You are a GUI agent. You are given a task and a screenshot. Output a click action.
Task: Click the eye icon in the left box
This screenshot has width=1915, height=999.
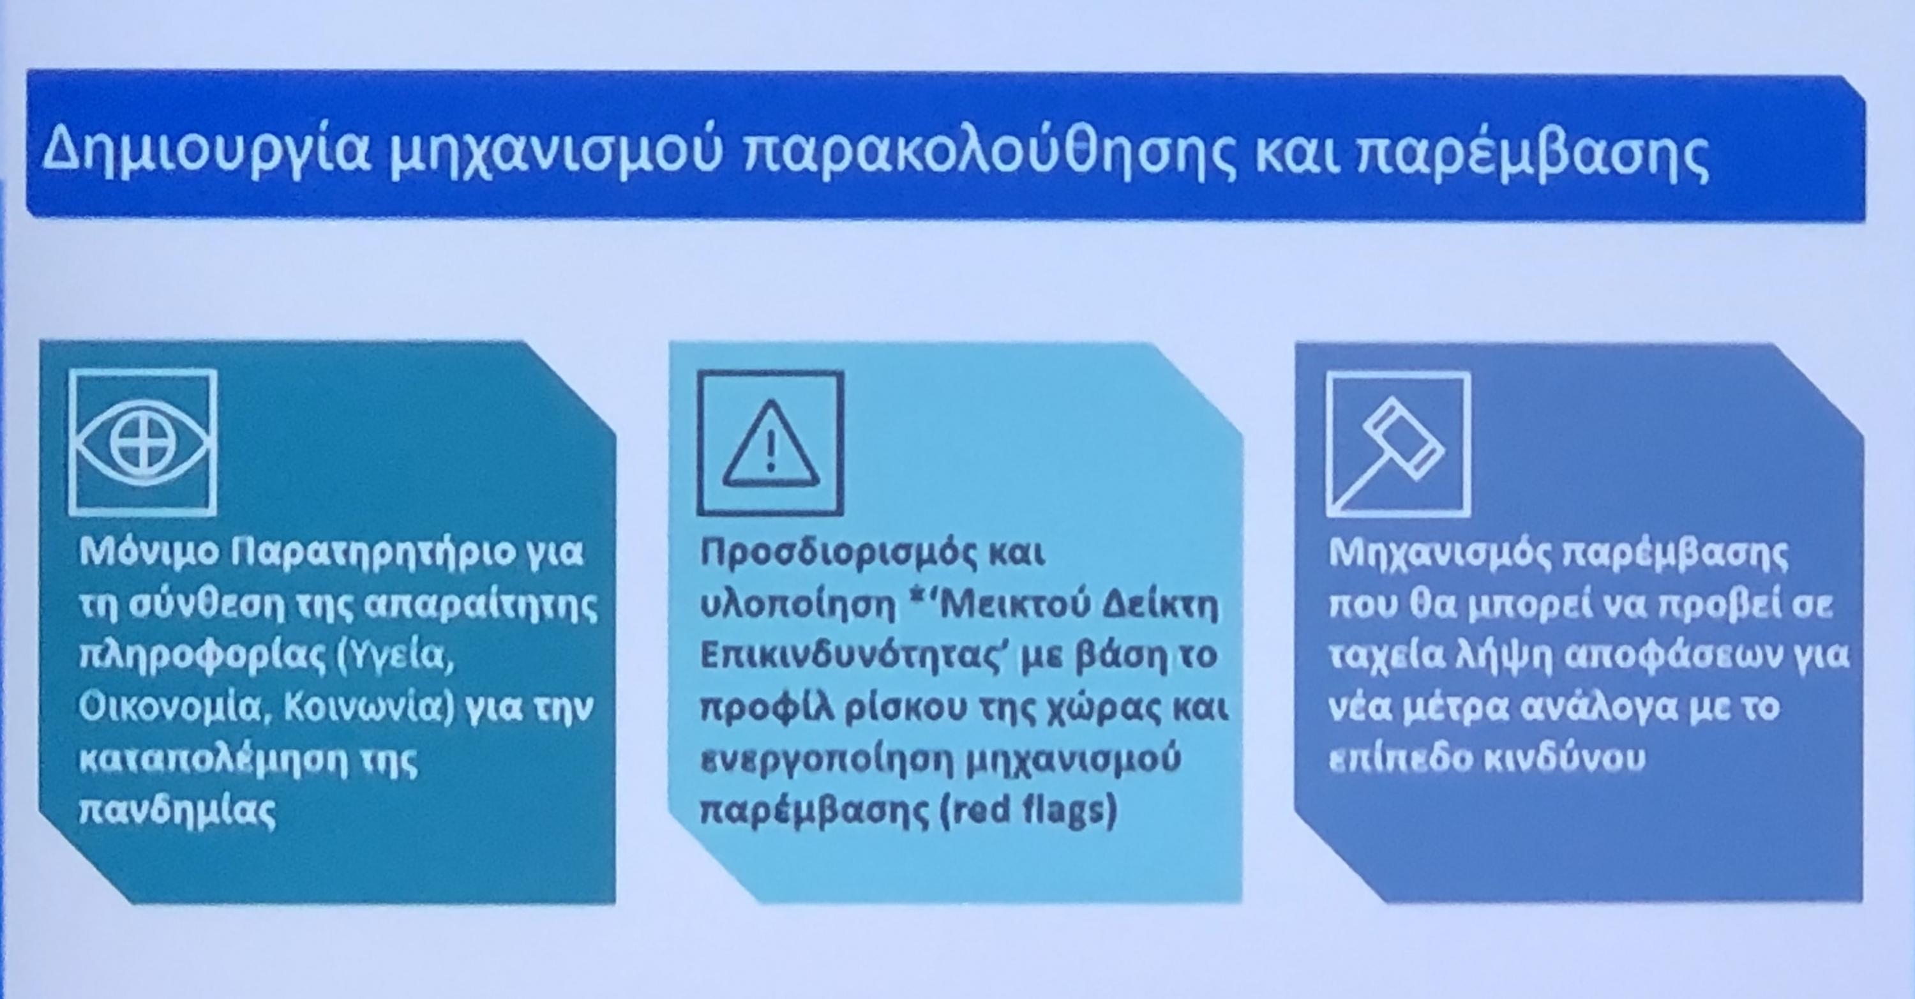[x=142, y=442]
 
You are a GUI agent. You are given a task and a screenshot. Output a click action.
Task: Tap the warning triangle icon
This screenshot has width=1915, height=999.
[x=770, y=444]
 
